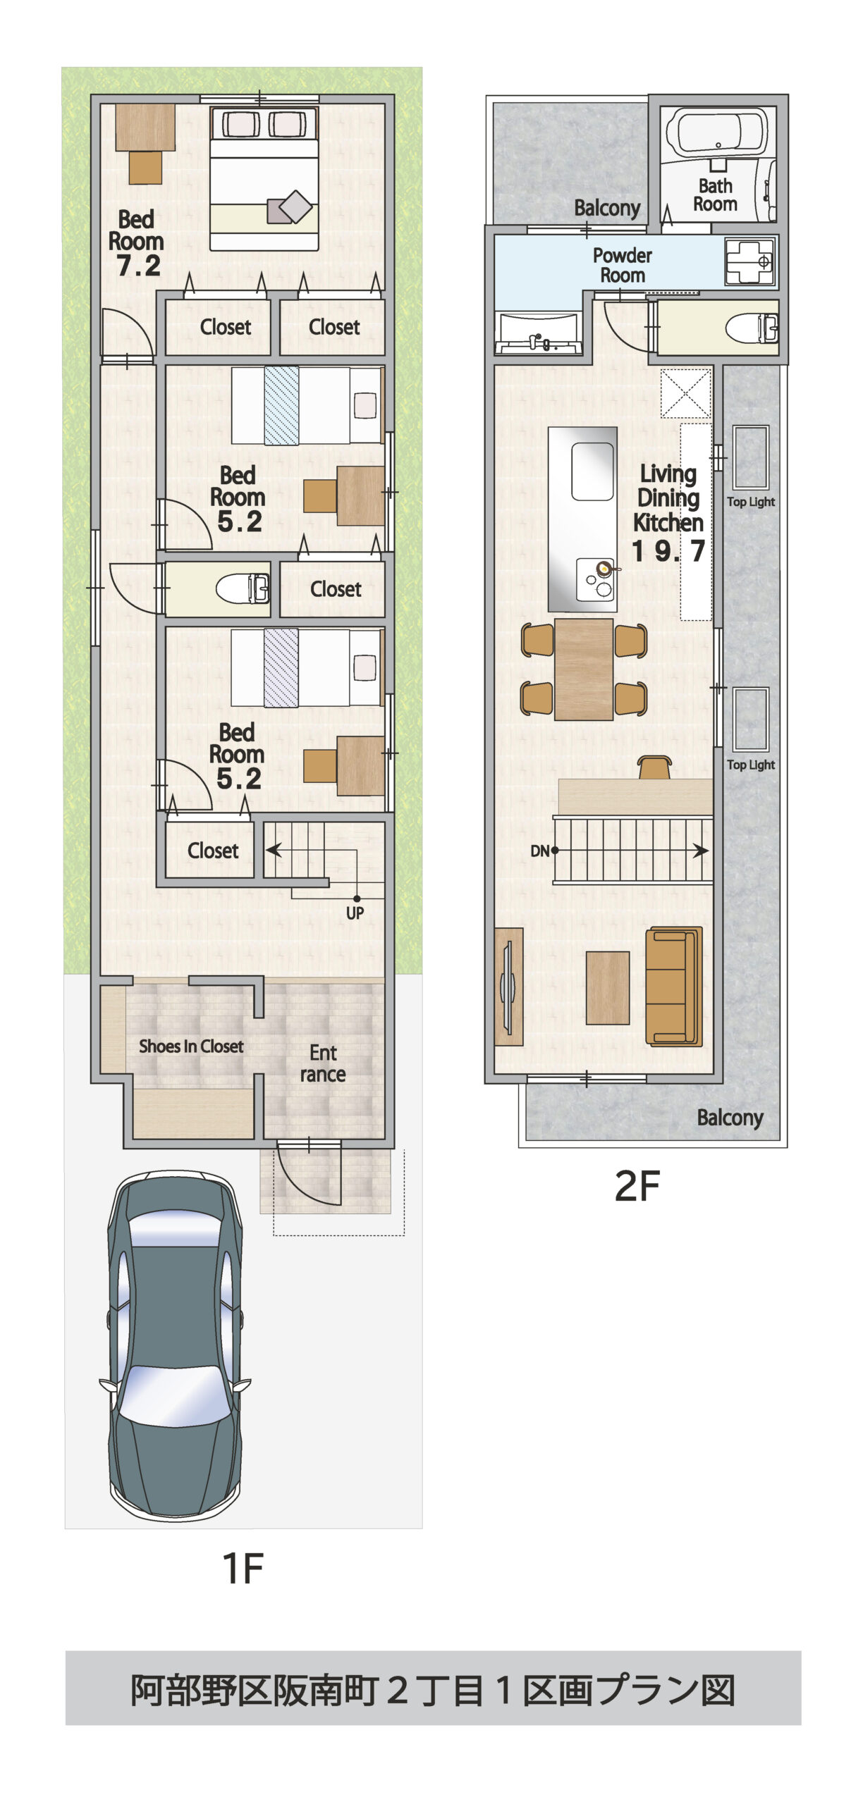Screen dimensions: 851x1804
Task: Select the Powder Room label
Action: point(622,265)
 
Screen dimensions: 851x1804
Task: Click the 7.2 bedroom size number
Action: point(139,266)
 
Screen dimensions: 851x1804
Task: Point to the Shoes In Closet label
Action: point(191,1046)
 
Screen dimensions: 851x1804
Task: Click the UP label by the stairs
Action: point(355,913)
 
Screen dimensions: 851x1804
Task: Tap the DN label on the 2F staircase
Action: point(539,851)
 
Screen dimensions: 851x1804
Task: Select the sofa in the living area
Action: point(674,986)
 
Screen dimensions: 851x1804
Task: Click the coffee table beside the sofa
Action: point(607,987)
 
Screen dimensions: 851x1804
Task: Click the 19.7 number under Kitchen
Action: point(668,551)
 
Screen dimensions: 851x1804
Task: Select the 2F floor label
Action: point(637,1186)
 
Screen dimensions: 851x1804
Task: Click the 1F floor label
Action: point(243,1569)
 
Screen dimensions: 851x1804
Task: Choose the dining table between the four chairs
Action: point(583,669)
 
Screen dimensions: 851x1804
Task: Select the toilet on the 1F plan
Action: point(243,588)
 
